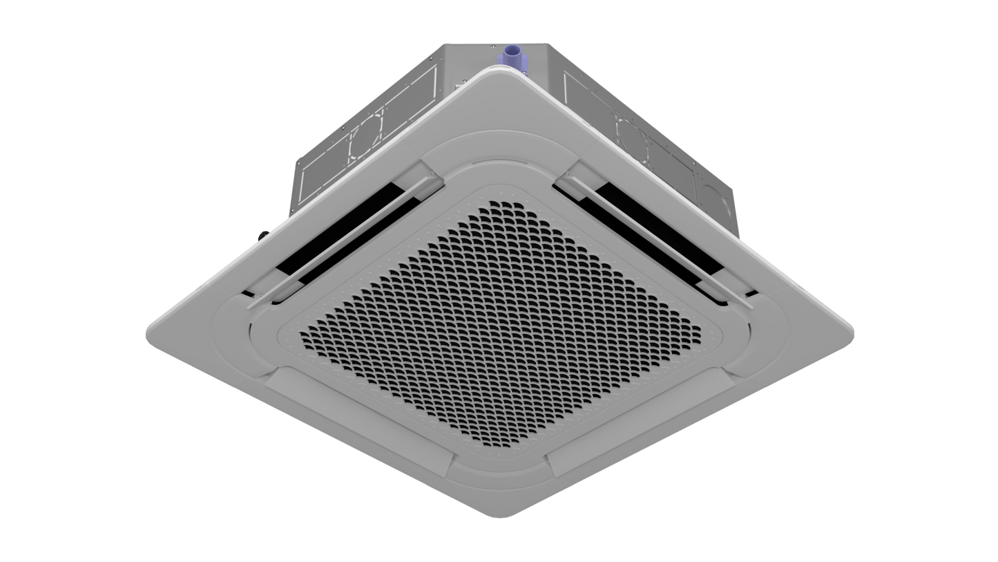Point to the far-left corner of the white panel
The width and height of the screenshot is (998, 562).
pos(148,337)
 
